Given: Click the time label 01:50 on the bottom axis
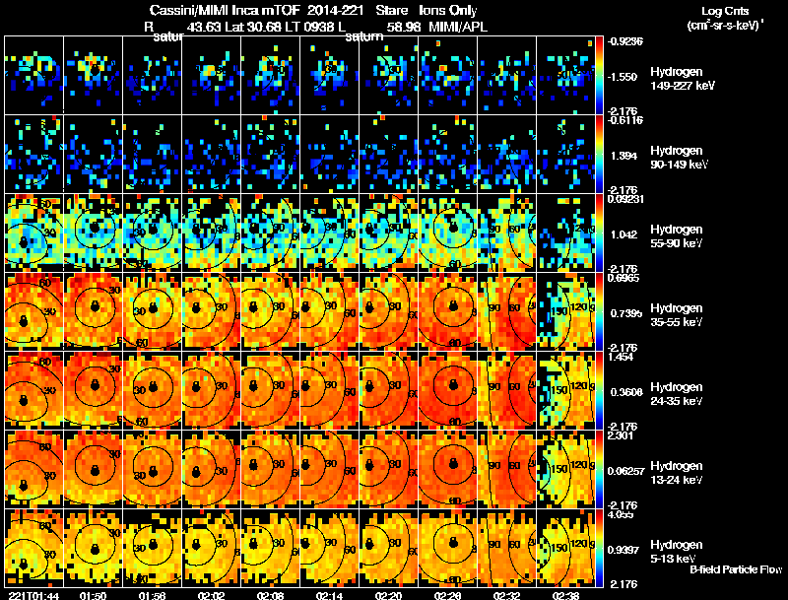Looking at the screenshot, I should (94, 594).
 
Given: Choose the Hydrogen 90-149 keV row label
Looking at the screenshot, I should (677, 157).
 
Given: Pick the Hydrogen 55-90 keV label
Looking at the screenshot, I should (675, 235).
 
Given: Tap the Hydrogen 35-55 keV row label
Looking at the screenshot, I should (675, 314).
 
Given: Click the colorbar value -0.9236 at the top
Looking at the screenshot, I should (625, 40).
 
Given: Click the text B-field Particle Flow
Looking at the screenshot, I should (736, 569).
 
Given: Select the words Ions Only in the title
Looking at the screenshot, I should (448, 10).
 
